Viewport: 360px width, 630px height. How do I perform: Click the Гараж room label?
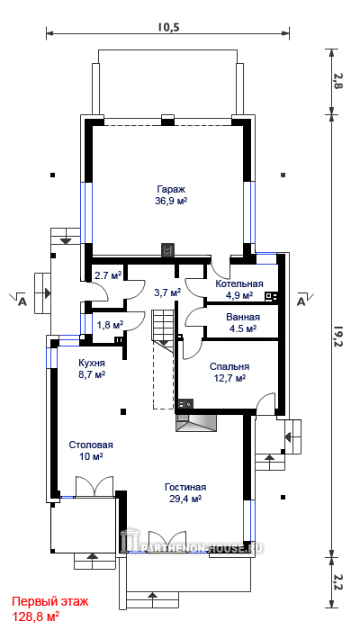(171, 189)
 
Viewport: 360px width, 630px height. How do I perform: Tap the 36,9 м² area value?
(171, 201)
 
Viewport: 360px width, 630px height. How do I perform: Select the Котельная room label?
(239, 284)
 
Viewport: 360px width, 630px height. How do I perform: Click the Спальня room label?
(229, 367)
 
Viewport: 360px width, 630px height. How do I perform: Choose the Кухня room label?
(92, 364)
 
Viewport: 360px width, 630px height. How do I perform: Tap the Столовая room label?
(91, 445)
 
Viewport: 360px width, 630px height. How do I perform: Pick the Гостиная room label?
(185, 488)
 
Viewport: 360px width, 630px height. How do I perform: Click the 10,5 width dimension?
(168, 27)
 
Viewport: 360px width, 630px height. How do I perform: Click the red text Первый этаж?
(49, 602)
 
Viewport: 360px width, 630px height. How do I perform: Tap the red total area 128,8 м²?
(36, 616)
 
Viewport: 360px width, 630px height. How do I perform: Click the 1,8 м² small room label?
(110, 325)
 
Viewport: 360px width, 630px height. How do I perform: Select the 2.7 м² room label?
(109, 276)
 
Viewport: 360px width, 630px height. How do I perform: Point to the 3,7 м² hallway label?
(167, 292)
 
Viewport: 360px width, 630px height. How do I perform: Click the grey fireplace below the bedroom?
(195, 423)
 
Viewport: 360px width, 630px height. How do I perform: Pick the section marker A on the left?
(22, 301)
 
